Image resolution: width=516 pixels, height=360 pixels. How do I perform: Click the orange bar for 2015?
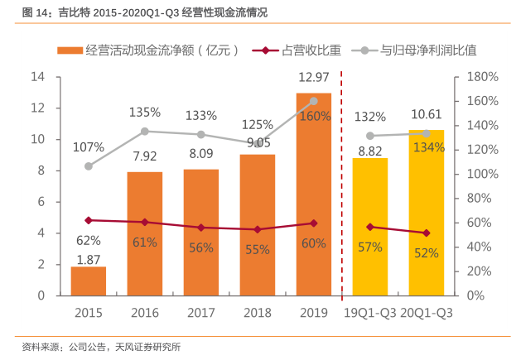88,281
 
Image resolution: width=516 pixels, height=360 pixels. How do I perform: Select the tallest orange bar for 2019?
314,194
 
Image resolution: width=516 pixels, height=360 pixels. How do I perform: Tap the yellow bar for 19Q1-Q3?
370,227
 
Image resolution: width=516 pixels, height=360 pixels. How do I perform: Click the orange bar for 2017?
201,233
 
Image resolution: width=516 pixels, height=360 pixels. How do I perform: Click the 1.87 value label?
88,259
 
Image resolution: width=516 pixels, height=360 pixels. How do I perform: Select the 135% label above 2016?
144,112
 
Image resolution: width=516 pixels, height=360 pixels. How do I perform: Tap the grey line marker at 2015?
88,166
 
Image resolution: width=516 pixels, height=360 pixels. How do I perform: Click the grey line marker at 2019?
314,101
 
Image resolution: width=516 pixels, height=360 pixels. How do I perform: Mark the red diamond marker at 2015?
88,220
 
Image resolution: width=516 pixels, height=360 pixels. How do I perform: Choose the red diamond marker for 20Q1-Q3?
427,233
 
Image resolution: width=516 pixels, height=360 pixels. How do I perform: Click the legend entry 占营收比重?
311,50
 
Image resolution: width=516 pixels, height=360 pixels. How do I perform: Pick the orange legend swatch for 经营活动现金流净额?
70,50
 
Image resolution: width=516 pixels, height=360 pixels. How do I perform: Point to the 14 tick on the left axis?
37,77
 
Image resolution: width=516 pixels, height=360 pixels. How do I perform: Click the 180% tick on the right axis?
482,77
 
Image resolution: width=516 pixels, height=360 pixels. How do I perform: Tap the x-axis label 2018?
258,312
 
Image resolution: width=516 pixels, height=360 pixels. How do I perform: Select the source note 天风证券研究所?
148,347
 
